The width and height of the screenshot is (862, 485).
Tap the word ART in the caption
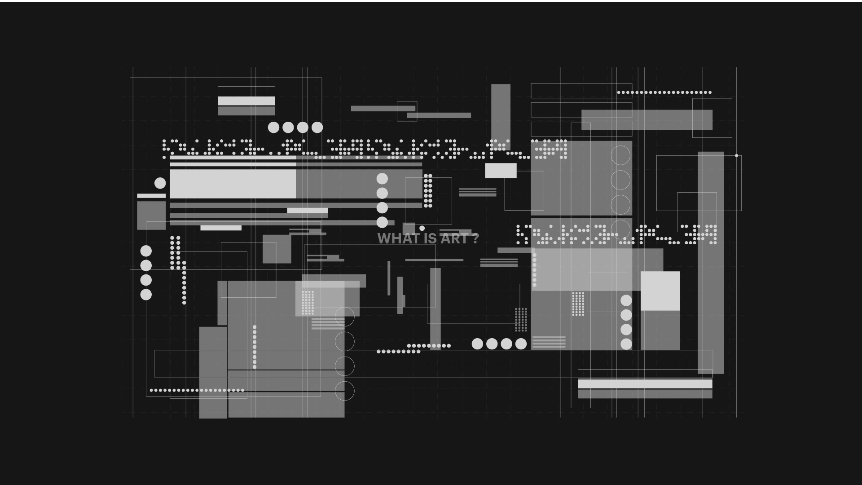pos(454,238)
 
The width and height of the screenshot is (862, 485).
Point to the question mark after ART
pos(476,238)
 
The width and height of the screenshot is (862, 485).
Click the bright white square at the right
pos(660,291)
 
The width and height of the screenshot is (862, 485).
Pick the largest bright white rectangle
pos(233,184)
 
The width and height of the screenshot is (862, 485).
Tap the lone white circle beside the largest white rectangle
pos(160,183)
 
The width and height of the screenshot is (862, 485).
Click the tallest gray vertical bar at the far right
pos(710,263)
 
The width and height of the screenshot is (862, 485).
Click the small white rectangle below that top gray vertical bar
pos(501,171)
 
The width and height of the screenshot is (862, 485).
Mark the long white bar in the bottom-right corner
pos(645,384)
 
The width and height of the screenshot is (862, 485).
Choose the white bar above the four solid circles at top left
pos(246,101)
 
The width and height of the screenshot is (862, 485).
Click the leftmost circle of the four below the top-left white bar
pos(273,128)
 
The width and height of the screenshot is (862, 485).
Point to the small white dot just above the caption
pos(422,229)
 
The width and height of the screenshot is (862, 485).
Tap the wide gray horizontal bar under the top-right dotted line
pos(646,120)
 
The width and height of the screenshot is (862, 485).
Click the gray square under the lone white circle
pos(151,215)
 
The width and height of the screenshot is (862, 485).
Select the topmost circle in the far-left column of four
pos(146,251)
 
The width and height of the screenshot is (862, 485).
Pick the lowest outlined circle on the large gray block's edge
pos(345,391)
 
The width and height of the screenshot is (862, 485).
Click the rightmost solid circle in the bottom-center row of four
pos(521,344)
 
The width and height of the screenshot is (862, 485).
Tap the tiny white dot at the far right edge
pos(736,155)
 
